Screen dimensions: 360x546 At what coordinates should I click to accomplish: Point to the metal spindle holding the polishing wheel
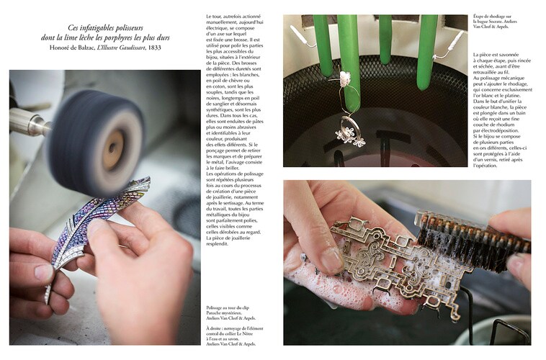click(x=29, y=123)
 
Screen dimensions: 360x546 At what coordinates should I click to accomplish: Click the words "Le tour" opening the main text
click(x=215, y=16)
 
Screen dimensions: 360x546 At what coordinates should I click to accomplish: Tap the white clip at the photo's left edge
click(x=295, y=33)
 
